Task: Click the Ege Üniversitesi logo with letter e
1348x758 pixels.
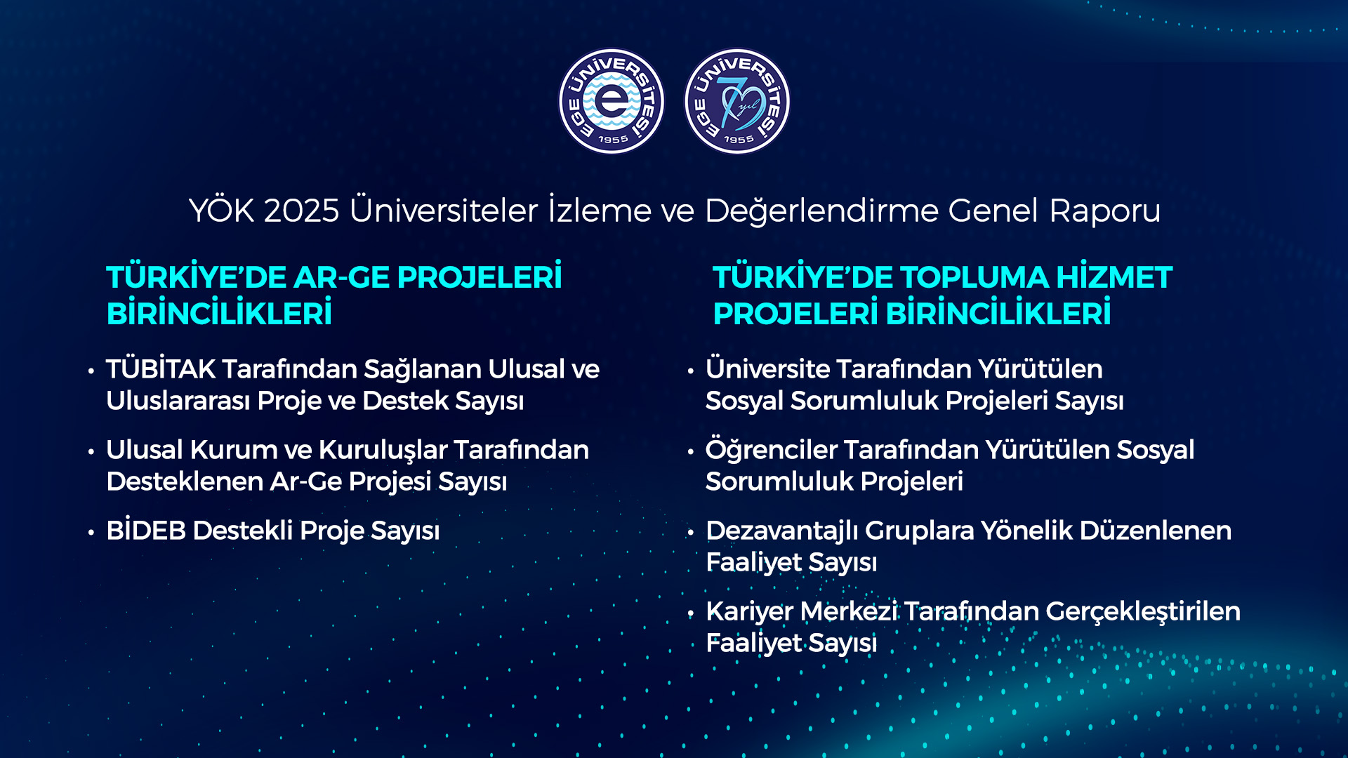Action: pos(612,101)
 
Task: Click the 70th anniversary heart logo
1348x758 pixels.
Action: pos(737,101)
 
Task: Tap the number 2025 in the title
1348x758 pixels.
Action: pos(302,211)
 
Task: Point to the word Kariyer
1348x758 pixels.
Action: pos(749,612)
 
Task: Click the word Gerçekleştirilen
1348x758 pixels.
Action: pos(1143,612)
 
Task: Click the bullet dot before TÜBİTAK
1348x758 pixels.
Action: pos(91,371)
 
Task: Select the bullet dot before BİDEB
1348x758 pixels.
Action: pos(91,532)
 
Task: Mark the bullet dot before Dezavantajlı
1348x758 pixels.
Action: pos(691,532)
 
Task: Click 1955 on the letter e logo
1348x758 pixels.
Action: pos(613,140)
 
